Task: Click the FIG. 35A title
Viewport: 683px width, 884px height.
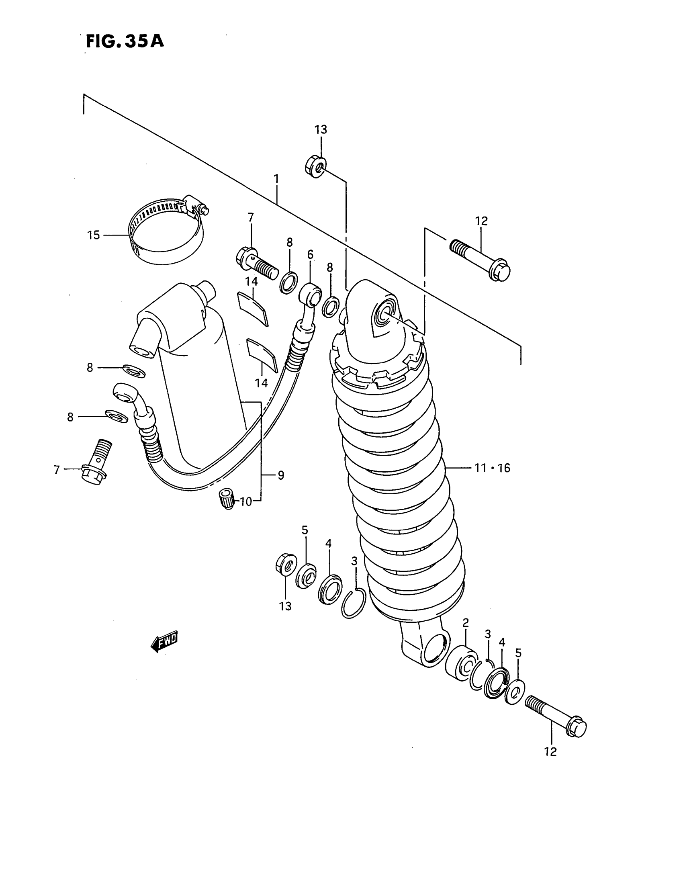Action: (125, 41)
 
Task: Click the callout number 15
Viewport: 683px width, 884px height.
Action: (94, 235)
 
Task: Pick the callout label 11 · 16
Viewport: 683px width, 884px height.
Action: (492, 468)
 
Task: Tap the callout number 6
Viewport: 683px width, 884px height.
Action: (310, 255)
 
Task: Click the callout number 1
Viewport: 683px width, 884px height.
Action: (276, 178)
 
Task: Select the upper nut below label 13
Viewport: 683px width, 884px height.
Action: (316, 166)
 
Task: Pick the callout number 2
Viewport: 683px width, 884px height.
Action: (465, 622)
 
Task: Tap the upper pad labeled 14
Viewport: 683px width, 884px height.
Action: (252, 308)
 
